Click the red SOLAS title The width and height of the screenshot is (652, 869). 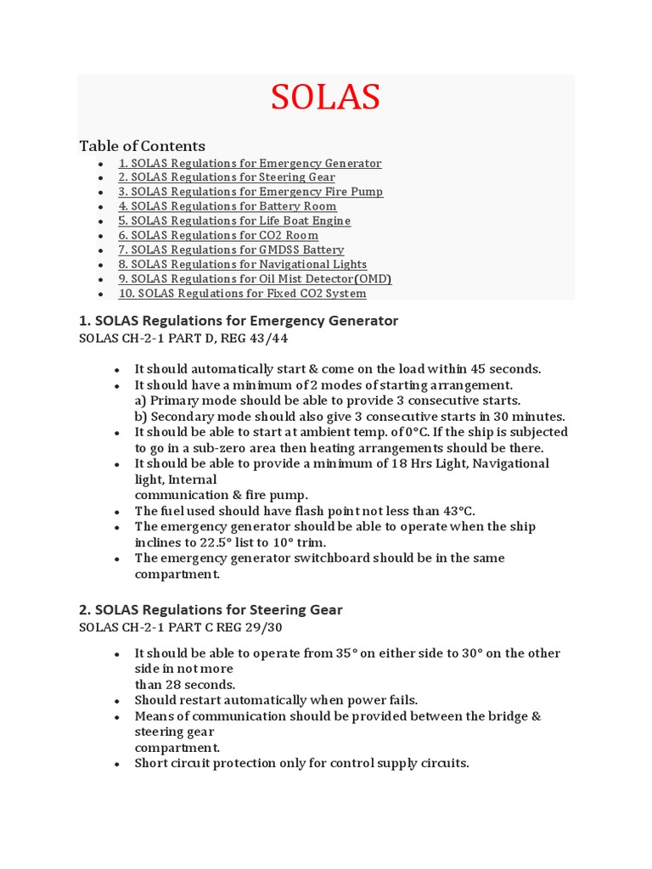pos(325,98)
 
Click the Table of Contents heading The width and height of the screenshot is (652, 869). pos(142,146)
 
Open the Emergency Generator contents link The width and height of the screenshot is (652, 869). pos(250,163)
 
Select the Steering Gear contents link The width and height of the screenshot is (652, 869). pos(227,177)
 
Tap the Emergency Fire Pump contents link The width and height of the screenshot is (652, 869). pos(250,192)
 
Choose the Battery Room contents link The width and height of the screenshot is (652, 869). pos(228,206)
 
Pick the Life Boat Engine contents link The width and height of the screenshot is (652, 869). pos(234,221)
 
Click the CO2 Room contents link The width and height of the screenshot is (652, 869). pos(218,235)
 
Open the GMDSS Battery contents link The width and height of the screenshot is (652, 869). pos(231,249)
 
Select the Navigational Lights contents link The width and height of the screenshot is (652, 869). pos(243,264)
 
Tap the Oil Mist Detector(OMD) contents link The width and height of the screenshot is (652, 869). pos(255,278)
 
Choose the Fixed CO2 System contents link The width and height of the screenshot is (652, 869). pos(242,294)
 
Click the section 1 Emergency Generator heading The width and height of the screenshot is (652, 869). pos(238,321)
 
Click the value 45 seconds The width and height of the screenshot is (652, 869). pos(506,369)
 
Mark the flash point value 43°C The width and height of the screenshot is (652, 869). pos(458,511)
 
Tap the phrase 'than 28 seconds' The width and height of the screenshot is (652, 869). pos(185,685)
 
